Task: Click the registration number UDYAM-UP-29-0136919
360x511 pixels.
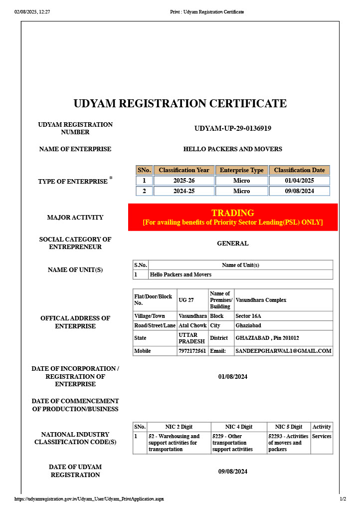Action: pos(232,128)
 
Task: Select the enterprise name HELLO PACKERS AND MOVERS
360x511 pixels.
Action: pos(232,149)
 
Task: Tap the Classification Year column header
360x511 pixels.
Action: pos(184,170)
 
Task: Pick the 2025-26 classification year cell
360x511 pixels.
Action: pos(184,181)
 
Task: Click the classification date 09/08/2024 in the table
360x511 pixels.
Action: pos(299,191)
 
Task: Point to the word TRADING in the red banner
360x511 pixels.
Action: pos(232,213)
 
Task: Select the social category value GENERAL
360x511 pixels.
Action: pos(232,244)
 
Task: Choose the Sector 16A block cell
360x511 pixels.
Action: pos(248,316)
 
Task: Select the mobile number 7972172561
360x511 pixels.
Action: pos(192,351)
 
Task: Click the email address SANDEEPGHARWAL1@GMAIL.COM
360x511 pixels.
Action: pos(283,351)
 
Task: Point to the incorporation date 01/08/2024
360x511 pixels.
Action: pos(232,376)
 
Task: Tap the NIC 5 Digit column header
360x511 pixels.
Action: pos(288,427)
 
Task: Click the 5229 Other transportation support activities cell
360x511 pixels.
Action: pos(232,443)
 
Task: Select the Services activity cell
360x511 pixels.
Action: pos(322,436)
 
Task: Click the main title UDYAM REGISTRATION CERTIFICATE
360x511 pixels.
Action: pos(180,104)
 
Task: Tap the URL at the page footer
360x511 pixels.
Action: pos(89,499)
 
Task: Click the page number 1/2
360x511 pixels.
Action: pos(343,499)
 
